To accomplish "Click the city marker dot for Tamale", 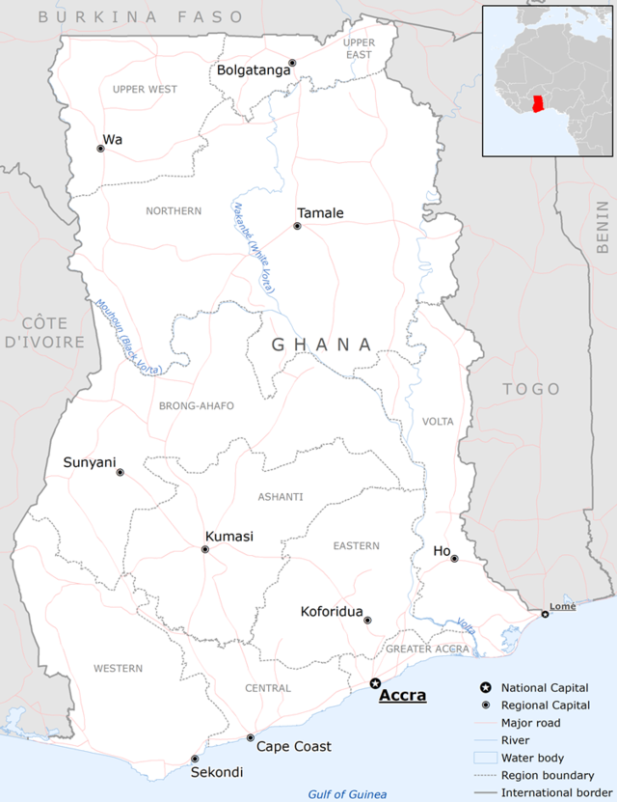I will click(x=297, y=226).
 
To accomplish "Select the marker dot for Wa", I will click(x=100, y=149).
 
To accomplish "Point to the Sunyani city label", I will click(x=89, y=462).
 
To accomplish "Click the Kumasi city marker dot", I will click(x=204, y=549).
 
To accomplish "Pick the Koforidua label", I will click(x=332, y=612).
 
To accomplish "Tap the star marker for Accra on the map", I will click(x=375, y=683).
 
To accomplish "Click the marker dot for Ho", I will click(x=454, y=559).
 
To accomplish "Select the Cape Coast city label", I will click(x=293, y=746).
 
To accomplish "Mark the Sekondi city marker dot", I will click(x=195, y=759).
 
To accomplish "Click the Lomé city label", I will click(x=562, y=607).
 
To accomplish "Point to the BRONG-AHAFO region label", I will click(x=197, y=406).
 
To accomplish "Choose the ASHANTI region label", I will click(x=281, y=497).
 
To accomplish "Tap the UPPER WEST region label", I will click(x=145, y=90).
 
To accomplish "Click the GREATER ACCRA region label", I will click(x=427, y=650).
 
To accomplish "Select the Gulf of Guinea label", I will click(x=347, y=794).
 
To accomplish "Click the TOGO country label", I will click(x=530, y=389).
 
